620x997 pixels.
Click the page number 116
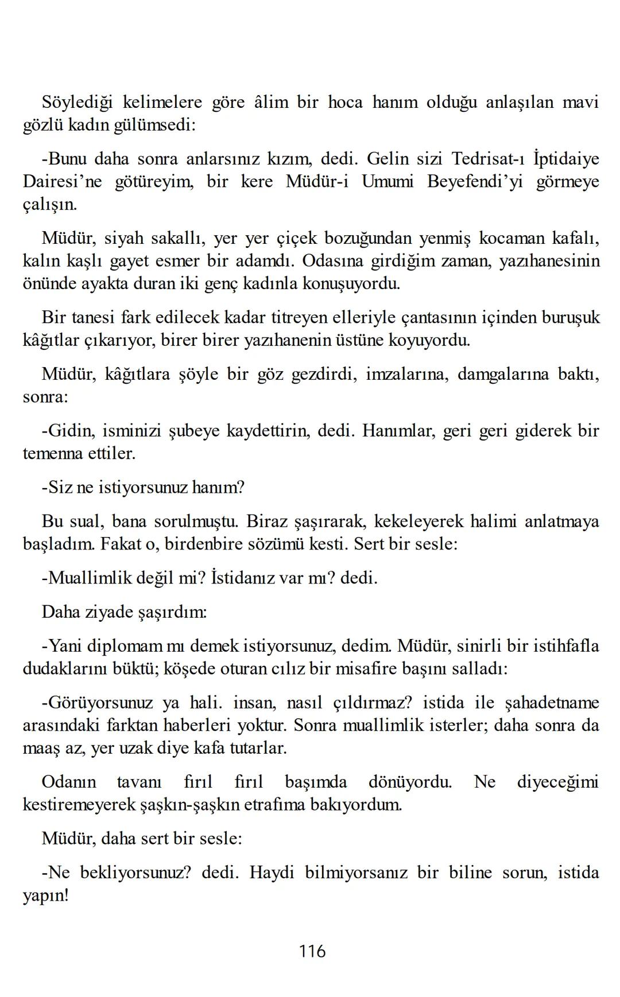coord(312,951)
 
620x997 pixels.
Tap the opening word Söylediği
coord(77,103)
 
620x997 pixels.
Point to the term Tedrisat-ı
coord(485,158)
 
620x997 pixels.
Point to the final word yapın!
coord(46,895)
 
